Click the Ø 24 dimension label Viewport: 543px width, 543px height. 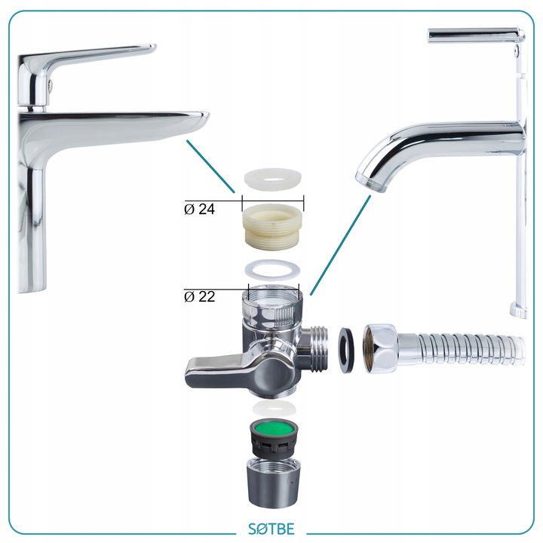coord(199,209)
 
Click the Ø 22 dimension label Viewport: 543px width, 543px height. coord(199,297)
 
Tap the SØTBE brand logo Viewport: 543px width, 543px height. coord(271,529)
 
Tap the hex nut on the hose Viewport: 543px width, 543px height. coord(380,350)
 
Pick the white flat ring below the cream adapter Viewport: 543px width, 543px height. coord(272,269)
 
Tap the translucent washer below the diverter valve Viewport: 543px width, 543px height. coord(274,408)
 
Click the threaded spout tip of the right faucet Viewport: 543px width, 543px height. coord(371,183)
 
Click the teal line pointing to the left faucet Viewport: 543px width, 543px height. coord(210,167)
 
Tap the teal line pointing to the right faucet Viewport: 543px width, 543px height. coord(340,245)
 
